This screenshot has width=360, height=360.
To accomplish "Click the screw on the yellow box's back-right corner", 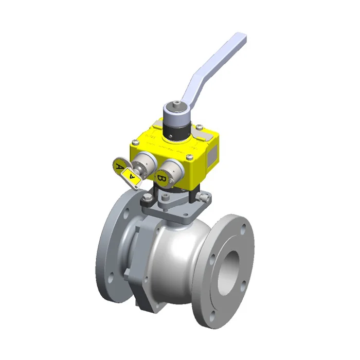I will tap(197, 125).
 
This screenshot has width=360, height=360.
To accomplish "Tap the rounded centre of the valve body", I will tap(172, 257).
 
